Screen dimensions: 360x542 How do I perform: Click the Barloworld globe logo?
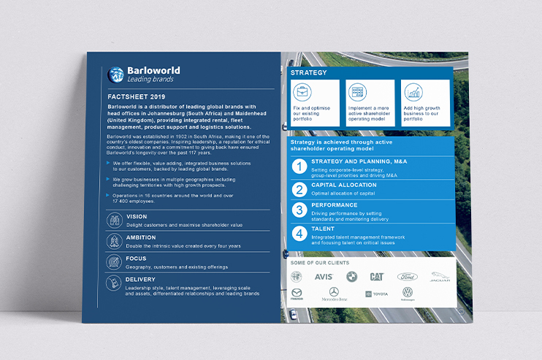[x=116, y=74]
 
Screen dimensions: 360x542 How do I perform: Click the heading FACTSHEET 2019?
[x=136, y=96]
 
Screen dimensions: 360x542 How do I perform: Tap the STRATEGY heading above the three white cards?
[x=309, y=73]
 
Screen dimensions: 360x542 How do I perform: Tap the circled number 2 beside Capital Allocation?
[x=299, y=190]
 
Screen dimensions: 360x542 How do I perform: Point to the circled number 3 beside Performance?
[x=299, y=212]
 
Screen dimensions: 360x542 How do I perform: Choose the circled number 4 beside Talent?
[x=299, y=234]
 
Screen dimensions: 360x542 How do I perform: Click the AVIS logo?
[x=324, y=277]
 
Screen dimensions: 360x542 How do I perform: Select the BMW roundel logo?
[x=351, y=277]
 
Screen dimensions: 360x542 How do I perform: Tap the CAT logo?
[x=377, y=277]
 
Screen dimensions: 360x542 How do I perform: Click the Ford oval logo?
[x=407, y=277]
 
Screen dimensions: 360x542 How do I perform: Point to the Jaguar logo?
[x=440, y=276]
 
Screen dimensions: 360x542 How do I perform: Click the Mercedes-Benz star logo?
[x=334, y=292]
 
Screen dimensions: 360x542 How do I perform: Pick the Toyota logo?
[x=372, y=294]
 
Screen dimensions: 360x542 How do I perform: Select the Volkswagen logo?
[x=408, y=293]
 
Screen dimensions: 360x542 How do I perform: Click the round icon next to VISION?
[x=114, y=221]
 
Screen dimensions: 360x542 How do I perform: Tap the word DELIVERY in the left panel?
[x=140, y=279]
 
